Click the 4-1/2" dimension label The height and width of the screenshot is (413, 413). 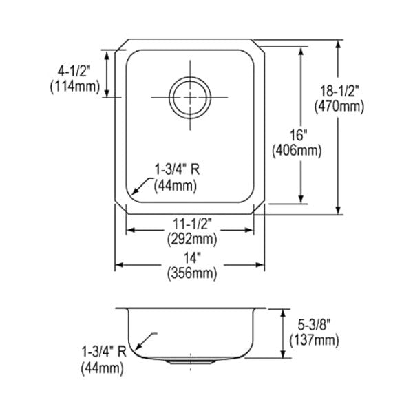tap(74, 71)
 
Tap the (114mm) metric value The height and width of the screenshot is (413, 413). tap(75, 87)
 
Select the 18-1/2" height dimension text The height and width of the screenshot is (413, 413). tap(339, 91)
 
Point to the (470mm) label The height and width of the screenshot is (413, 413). tap(339, 107)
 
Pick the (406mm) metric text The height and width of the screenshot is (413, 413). tap(297, 151)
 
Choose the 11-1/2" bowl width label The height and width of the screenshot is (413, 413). tap(192, 224)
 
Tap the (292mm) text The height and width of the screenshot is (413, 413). tap(192, 239)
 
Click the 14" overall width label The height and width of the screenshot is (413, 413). tap(192, 257)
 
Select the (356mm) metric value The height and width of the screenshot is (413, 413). tap(192, 273)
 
